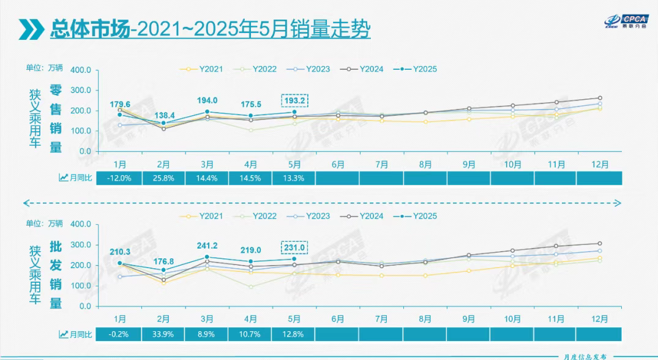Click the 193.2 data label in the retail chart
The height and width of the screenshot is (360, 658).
294,100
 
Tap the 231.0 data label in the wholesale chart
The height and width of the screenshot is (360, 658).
294,247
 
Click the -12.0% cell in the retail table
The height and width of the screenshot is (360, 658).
120,178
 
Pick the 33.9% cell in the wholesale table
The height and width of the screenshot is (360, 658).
163,334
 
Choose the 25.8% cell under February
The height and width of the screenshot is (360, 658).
163,178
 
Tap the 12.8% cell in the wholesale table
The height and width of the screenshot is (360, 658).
294,334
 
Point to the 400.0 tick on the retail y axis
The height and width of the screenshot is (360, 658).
81,70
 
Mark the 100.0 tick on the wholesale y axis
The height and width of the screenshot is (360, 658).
81,285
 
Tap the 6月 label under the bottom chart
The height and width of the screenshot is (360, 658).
337,319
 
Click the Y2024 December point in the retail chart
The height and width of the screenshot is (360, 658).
600,98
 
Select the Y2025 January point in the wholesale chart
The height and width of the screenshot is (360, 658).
120,263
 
